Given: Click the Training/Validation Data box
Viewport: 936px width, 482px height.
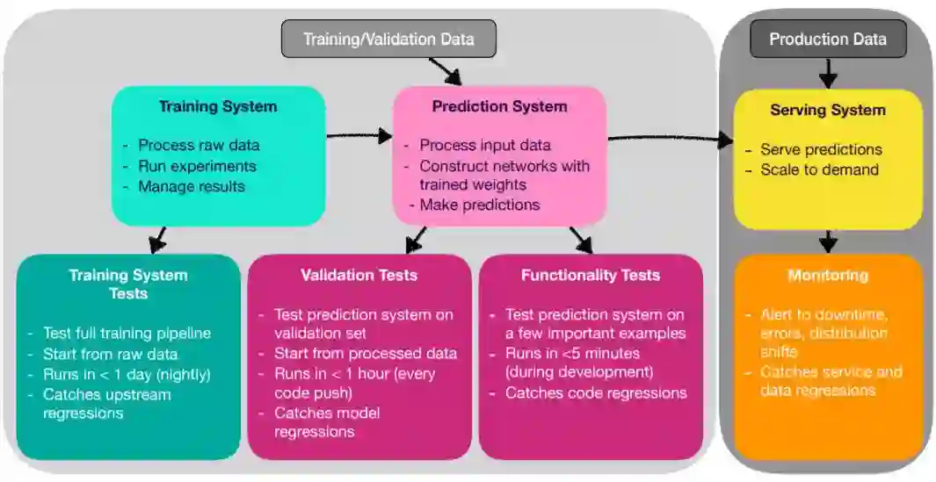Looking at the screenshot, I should point(388,39).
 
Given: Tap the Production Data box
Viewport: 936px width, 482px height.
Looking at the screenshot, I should point(827,39).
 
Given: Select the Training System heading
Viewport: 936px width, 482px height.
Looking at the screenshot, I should point(217,107).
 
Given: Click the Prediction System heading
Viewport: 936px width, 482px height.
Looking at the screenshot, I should point(499,106).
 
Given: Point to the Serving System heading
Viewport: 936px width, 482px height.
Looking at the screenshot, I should point(827,110).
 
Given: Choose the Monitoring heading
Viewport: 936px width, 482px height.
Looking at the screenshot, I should point(827,275).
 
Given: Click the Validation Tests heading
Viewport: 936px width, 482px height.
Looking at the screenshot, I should point(359,275).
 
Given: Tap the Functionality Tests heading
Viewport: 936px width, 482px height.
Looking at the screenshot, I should point(590,275).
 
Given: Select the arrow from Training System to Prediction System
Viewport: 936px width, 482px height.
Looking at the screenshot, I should point(359,135).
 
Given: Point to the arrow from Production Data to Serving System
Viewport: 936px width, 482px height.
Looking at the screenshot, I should point(828,73).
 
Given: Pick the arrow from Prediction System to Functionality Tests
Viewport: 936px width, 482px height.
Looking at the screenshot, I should point(581,239).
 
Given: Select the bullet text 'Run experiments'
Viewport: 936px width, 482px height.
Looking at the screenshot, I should point(197,166).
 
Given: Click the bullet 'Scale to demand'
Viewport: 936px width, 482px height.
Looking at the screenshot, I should point(819,169).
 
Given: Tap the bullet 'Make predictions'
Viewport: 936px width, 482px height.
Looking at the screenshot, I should point(479,205).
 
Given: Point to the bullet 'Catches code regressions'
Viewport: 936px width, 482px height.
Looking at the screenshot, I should point(596,392).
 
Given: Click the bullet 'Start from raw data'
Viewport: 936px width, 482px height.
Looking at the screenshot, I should point(110,354).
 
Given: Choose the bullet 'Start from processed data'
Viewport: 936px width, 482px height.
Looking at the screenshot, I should point(365,353).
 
